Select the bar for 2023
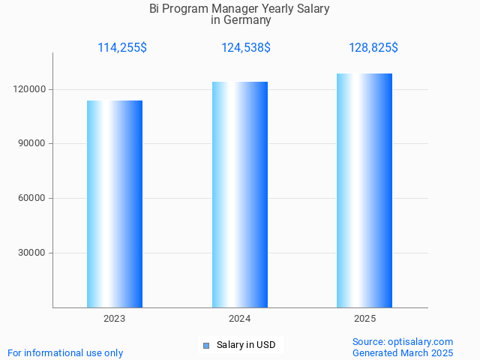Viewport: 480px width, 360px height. coord(115,204)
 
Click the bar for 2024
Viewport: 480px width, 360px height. coord(240,195)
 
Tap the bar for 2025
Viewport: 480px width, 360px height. coord(364,190)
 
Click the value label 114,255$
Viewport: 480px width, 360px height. coord(122,48)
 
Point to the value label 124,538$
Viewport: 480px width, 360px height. coord(246,48)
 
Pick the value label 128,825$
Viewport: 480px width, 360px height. coord(373,48)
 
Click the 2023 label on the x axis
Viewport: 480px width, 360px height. coord(115,319)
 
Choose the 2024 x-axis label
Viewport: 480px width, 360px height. coord(240,319)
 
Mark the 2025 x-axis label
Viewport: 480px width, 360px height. coord(365,319)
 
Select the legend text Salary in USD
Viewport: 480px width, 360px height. coord(246,345)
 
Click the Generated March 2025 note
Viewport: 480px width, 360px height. coord(403,352)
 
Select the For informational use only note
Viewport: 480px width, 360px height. coord(65,352)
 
